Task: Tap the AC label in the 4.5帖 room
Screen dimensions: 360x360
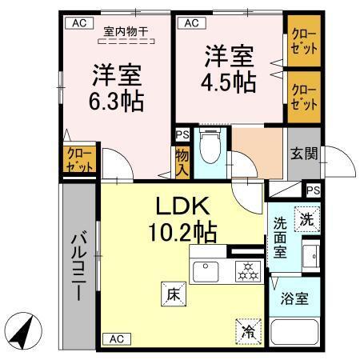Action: pos(190,23)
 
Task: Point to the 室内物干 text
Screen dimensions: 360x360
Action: pos(126,31)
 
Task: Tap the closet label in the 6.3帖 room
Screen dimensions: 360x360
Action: pos(78,160)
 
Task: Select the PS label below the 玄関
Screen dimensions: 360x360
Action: pos(312,190)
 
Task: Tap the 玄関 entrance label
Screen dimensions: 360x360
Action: pos(303,152)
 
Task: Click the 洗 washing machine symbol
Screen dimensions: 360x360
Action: pos(307,216)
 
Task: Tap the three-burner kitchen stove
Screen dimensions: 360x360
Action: pos(245,270)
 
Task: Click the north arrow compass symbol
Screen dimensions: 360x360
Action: pos(23,329)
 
